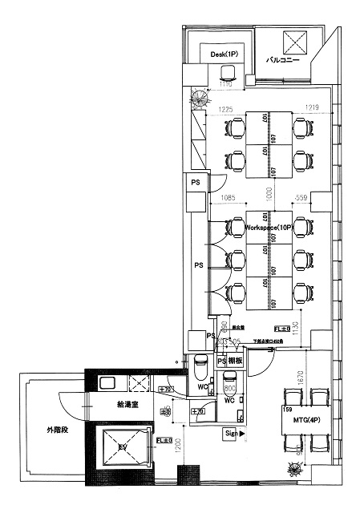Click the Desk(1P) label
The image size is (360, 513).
coord(224,54)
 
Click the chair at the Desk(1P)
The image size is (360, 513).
coord(227,74)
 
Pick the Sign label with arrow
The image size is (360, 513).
coord(233,433)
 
